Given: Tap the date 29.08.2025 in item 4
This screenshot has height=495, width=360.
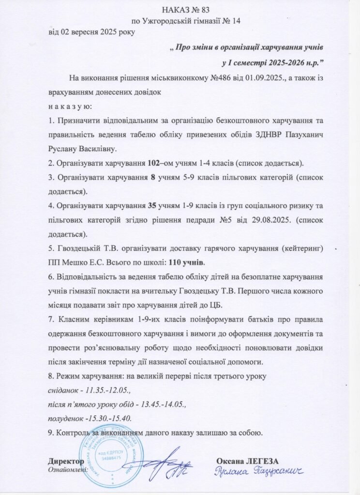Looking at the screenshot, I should tap(273, 219).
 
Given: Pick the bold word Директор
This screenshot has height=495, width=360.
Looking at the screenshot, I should tap(64, 461).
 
